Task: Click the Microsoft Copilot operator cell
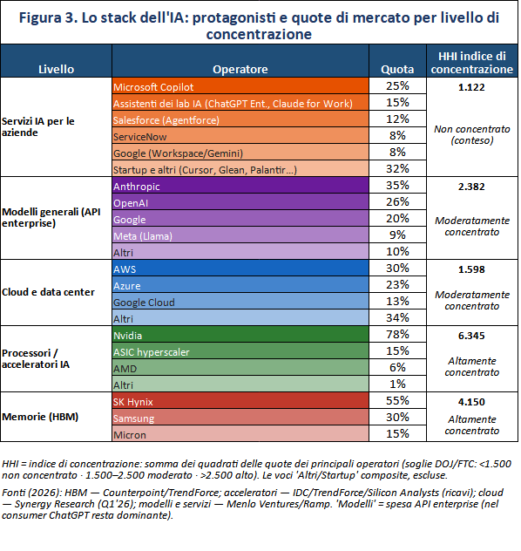click(240, 86)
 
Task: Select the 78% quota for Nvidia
click(397, 334)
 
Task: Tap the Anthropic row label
click(240, 186)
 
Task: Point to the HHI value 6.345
click(471, 336)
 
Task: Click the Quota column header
click(397, 69)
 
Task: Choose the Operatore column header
click(240, 69)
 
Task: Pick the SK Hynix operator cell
click(240, 401)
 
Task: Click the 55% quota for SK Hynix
click(397, 400)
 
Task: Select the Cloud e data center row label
click(48, 292)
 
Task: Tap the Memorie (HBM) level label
click(40, 417)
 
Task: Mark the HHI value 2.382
click(471, 187)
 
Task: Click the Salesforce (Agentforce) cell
click(240, 119)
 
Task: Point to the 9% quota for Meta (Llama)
click(397, 235)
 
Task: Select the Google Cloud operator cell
click(240, 302)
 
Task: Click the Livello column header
click(56, 69)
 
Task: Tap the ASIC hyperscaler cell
click(240, 351)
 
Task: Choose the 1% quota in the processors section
click(397, 384)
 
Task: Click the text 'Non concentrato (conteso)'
click(472, 135)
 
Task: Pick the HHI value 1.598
click(471, 269)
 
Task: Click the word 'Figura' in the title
click(40, 18)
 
